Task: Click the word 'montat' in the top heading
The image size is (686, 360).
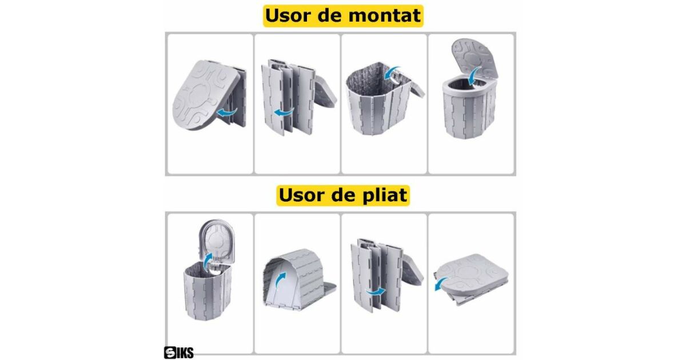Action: coord(384,15)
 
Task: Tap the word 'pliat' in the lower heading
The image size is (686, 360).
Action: coord(384,195)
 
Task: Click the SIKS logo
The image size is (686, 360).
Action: coord(178,353)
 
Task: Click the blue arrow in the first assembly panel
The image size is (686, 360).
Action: coord(226,113)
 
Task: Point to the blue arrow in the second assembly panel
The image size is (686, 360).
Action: coord(284,112)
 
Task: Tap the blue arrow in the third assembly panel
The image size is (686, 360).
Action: coord(392,73)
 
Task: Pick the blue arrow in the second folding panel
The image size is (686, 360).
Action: coord(280,279)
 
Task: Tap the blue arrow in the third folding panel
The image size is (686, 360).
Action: coord(376,292)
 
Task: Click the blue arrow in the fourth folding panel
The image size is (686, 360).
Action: coord(441,283)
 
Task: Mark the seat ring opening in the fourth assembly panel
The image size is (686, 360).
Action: coord(468,82)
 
